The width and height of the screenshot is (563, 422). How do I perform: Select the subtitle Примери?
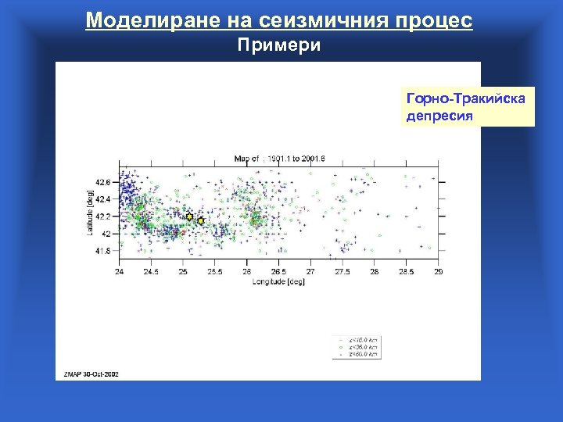[279, 45]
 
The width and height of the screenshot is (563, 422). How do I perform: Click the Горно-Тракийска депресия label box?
[467, 107]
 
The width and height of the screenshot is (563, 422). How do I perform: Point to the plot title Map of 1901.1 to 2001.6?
[279, 159]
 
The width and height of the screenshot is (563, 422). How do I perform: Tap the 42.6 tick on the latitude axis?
[104, 181]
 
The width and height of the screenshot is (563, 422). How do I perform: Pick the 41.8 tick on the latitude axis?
[104, 251]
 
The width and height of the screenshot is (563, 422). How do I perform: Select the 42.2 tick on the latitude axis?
[104, 216]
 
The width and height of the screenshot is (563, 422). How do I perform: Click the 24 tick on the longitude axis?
[119, 272]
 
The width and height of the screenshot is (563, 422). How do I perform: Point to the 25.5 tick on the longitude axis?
[215, 272]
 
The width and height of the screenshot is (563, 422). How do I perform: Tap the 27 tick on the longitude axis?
[310, 272]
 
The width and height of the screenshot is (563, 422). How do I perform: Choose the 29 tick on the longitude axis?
[439, 272]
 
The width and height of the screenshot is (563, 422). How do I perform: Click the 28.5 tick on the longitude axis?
[407, 272]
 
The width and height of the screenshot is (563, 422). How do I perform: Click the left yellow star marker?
[189, 216]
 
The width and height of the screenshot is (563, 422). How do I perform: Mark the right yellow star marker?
[200, 221]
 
